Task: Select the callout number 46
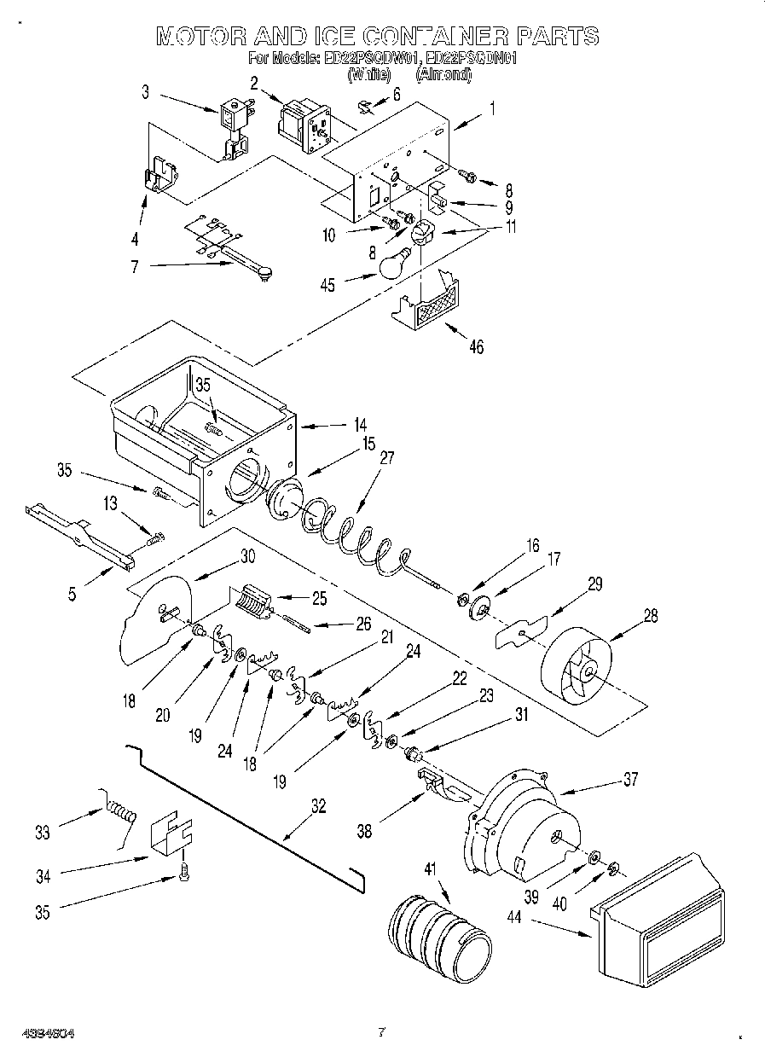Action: (475, 346)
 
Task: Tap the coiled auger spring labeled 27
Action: (350, 536)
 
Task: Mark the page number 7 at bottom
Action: (381, 1031)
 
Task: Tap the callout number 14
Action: (360, 423)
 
